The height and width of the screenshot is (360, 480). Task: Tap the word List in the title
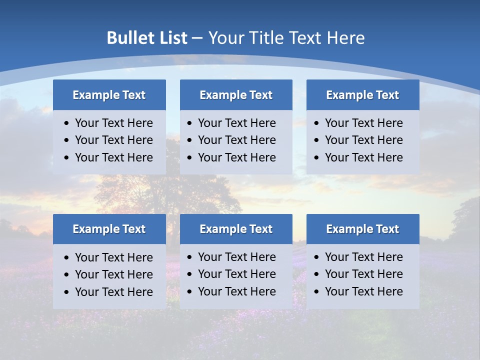(172, 38)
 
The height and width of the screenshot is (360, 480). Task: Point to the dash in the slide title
(197, 38)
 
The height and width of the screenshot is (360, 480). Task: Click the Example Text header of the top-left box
(109, 95)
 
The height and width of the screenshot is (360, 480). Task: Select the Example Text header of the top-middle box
(236, 95)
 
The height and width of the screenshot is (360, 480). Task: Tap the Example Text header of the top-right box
(362, 95)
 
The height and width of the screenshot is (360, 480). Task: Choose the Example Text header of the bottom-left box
(109, 229)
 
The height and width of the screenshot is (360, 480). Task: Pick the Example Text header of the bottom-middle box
(236, 229)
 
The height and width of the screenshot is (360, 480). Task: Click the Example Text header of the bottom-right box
(362, 229)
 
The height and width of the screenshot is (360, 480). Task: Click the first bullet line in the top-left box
(113, 123)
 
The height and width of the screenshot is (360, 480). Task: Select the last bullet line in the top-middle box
(236, 157)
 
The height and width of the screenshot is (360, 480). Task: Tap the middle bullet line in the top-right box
(363, 140)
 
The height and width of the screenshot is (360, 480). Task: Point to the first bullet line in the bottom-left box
(113, 257)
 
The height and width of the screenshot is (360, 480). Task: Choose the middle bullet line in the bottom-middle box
(236, 274)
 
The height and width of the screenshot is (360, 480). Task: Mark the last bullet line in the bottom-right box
(363, 291)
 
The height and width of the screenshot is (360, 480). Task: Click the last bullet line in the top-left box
(113, 157)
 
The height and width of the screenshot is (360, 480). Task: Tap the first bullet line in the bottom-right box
(363, 257)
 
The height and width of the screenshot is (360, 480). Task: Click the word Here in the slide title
(345, 38)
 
